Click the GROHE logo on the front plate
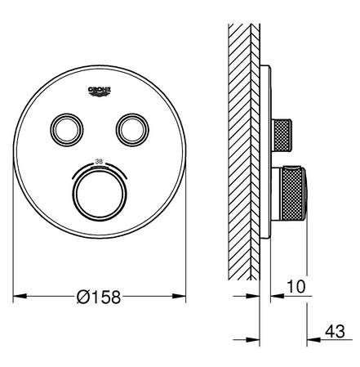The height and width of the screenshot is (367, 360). [100, 92]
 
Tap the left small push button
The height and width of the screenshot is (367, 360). [67, 130]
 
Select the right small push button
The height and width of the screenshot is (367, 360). [132, 130]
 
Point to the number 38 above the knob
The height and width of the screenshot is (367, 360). [99, 161]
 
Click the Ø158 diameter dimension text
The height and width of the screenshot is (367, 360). [99, 297]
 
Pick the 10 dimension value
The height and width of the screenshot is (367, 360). [296, 287]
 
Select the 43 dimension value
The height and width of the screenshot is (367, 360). [335, 331]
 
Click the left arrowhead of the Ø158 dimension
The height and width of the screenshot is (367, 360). [20, 296]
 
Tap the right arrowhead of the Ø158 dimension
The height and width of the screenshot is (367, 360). [179, 296]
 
